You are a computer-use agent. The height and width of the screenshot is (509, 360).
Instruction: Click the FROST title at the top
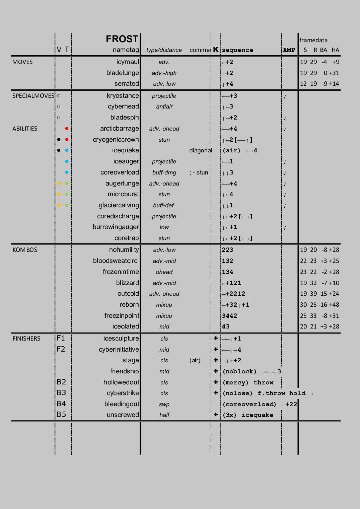(122, 39)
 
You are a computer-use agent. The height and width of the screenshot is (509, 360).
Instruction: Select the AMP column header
(289, 50)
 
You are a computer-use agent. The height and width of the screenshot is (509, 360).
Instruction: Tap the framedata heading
(313, 40)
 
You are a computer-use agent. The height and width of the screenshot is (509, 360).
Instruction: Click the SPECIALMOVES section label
(33, 96)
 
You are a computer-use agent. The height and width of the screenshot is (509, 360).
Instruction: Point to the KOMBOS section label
(25, 250)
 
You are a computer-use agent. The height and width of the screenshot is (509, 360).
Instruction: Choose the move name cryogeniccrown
(116, 140)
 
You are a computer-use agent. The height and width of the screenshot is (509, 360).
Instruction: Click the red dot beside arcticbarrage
(67, 129)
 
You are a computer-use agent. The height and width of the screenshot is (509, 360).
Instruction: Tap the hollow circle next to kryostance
(59, 96)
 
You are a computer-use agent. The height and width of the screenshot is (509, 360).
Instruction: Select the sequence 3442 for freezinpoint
(229, 316)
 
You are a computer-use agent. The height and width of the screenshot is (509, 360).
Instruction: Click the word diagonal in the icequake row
(201, 151)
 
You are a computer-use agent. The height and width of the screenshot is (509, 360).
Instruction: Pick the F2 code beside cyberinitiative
(61, 349)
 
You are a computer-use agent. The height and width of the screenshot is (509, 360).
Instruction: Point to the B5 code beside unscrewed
(61, 415)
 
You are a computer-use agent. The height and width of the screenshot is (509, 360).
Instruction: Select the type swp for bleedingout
(164, 404)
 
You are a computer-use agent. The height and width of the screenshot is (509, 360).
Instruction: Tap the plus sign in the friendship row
(216, 371)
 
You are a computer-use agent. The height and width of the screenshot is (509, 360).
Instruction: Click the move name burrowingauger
(116, 227)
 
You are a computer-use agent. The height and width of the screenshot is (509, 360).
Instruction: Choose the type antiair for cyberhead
(164, 106)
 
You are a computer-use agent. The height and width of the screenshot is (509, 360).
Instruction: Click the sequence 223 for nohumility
(227, 250)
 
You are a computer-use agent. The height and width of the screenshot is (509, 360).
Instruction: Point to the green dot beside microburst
(67, 194)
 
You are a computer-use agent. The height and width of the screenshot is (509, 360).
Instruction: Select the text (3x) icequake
(248, 415)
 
